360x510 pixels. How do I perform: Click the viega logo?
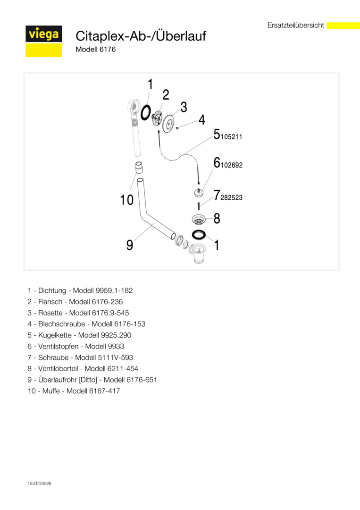(44, 41)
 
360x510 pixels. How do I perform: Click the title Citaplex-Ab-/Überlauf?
(141, 36)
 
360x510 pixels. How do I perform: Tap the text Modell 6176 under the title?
(95, 50)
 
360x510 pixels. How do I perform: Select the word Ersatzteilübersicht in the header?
(295, 25)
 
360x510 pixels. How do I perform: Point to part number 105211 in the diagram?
(231, 137)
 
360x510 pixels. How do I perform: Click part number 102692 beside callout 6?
(231, 165)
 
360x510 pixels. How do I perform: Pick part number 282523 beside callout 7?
(231, 198)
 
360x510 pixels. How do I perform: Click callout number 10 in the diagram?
(127, 200)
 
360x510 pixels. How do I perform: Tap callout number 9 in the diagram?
(130, 245)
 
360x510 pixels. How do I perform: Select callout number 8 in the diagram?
(217, 219)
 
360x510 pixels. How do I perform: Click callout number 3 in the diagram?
(184, 107)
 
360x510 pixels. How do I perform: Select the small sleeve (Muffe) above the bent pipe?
(138, 168)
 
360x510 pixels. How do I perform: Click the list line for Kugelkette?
(79, 335)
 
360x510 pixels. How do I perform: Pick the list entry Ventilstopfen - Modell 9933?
(75, 347)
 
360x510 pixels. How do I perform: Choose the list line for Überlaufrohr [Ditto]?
(92, 380)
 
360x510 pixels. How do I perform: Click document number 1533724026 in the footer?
(39, 484)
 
